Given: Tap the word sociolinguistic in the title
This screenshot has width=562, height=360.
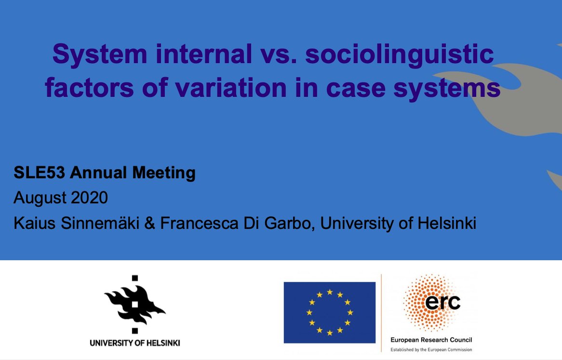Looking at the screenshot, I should [x=400, y=55].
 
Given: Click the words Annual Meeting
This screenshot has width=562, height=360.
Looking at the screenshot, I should [x=133, y=173].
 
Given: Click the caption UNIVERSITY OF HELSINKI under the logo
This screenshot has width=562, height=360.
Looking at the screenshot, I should [x=135, y=343].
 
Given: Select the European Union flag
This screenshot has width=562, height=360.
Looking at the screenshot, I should [x=330, y=312].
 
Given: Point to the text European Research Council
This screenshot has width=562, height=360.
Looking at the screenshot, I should [x=431, y=340].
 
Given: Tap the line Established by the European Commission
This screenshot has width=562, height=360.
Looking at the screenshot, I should [x=431, y=349].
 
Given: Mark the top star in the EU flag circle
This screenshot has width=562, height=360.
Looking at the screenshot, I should [x=330, y=292].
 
